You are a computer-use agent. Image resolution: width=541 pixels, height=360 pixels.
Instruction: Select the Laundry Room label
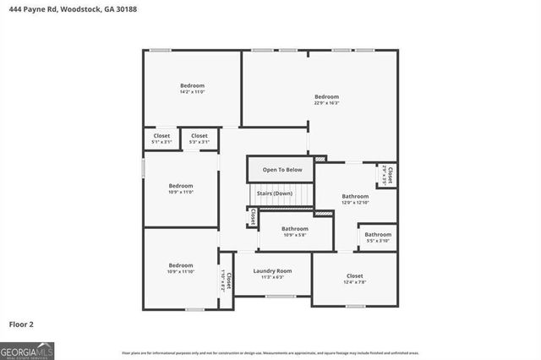[272, 273]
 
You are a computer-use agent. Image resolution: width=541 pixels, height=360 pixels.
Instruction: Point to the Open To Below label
[281, 170]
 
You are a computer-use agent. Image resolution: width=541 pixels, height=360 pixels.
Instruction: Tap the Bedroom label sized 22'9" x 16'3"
[326, 99]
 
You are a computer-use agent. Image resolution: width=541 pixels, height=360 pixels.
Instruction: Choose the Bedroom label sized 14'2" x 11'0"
[192, 88]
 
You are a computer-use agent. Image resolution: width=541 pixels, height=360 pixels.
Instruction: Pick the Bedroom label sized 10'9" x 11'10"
[180, 268]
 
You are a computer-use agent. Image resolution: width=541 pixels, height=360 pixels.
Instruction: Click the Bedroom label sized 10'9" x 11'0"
[180, 188]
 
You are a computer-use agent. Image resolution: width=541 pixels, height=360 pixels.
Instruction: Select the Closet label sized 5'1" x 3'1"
[161, 139]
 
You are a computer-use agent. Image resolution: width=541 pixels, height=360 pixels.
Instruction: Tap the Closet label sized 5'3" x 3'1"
[199, 139]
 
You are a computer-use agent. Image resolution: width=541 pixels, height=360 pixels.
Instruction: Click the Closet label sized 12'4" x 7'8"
[355, 279]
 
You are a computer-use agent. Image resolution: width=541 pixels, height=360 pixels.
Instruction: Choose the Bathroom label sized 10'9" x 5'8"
[295, 232]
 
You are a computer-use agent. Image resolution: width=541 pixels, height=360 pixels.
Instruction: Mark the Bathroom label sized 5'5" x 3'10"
[377, 237]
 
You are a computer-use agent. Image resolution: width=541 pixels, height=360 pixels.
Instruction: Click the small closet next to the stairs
[252, 216]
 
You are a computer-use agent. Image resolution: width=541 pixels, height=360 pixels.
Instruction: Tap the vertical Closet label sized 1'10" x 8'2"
[226, 278]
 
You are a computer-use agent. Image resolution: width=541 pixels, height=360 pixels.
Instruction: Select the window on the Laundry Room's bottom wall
[280, 297]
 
